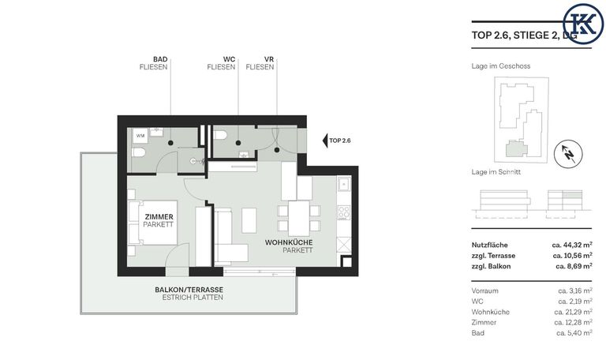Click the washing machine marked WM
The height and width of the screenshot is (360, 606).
pyautogui.click(x=140, y=136)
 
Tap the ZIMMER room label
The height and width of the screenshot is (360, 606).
pyautogui.click(x=159, y=217)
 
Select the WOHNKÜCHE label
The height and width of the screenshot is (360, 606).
pyautogui.click(x=289, y=242)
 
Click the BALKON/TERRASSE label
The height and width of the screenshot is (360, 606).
pyautogui.click(x=189, y=290)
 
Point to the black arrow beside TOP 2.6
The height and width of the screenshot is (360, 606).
pyautogui.click(x=325, y=141)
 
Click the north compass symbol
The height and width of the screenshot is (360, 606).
pyautogui.click(x=568, y=154)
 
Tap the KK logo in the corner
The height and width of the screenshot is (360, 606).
pyautogui.click(x=583, y=24)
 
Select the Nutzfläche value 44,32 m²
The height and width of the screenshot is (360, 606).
pyautogui.click(x=572, y=245)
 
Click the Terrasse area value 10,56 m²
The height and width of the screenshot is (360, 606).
pyautogui.click(x=572, y=256)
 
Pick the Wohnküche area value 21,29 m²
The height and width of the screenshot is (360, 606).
pyautogui.click(x=573, y=312)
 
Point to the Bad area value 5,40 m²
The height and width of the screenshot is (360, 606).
pyautogui.click(x=574, y=333)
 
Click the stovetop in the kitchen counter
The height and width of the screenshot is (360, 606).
pyautogui.click(x=343, y=212)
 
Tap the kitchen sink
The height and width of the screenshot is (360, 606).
pyautogui.click(x=343, y=184)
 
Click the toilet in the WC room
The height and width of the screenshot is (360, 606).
pyautogui.click(x=220, y=135)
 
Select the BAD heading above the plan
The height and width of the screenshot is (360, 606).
pyautogui.click(x=160, y=59)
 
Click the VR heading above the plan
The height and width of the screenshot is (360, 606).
pyautogui.click(x=269, y=59)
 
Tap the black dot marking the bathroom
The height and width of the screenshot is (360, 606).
pyautogui.click(x=170, y=143)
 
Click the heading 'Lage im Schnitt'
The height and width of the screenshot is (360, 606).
pyautogui.click(x=496, y=171)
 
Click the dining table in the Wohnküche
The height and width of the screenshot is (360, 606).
pyautogui.click(x=299, y=218)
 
